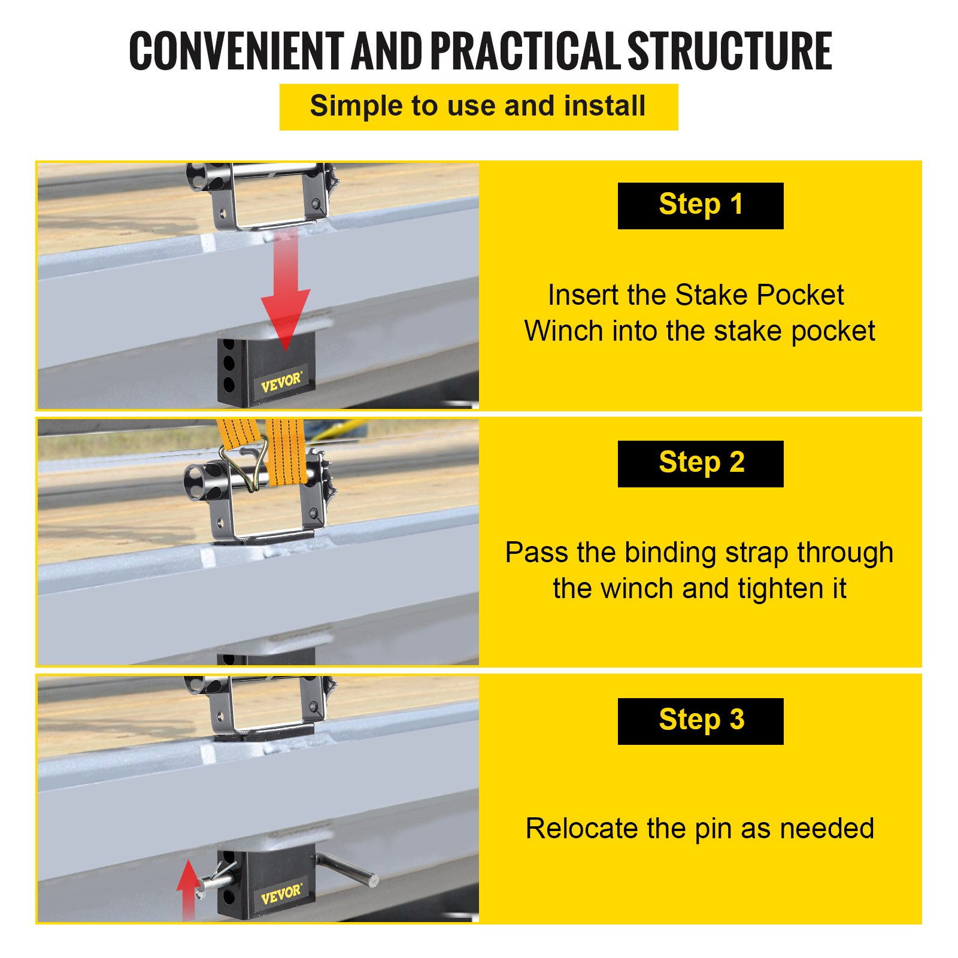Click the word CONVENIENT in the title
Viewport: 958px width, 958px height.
click(x=236, y=51)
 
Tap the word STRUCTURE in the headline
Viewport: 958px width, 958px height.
click(x=729, y=51)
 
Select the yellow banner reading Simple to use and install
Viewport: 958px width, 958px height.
click(x=478, y=107)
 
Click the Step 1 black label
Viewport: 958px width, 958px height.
click(x=701, y=205)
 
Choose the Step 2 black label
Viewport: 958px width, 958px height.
click(x=701, y=463)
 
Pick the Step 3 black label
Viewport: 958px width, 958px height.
click(x=701, y=721)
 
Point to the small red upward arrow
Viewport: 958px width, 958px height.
click(x=189, y=890)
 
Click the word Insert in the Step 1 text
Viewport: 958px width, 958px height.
click(x=583, y=295)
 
